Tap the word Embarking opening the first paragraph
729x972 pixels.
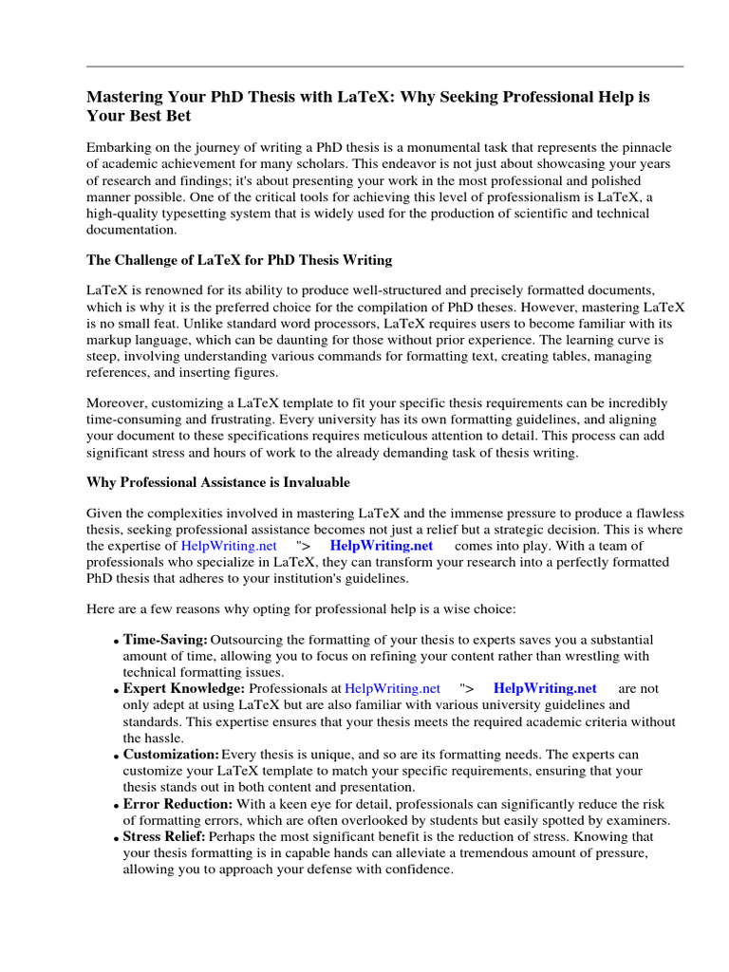pyautogui.click(x=119, y=147)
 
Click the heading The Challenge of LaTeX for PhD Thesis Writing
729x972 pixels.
pyautogui.click(x=239, y=260)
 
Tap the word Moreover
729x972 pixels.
pyautogui.click(x=117, y=402)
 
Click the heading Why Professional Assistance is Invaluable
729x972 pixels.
pyautogui.click(x=218, y=482)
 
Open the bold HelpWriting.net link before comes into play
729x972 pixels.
pyautogui.click(x=381, y=546)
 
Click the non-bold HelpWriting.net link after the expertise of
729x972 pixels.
pyautogui.click(x=229, y=546)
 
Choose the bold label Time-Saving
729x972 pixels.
pyautogui.click(x=165, y=641)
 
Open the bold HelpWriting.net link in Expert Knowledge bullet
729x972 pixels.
pyautogui.click(x=545, y=688)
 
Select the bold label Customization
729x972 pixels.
pyautogui.click(x=171, y=754)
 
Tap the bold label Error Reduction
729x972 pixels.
pyautogui.click(x=178, y=803)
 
